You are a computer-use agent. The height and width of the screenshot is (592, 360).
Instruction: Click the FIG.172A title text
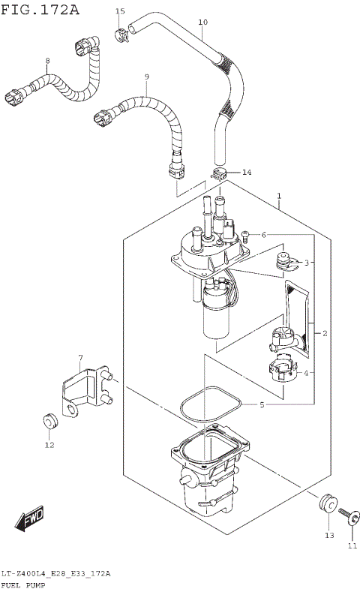(40, 10)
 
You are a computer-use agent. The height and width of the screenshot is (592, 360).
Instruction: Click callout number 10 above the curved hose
(202, 23)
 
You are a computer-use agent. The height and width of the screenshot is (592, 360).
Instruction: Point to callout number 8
(47, 61)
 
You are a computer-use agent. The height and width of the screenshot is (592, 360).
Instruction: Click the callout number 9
(146, 77)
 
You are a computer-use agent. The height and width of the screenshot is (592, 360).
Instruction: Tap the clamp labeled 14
(219, 176)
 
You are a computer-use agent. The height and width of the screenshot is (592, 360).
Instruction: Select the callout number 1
(279, 198)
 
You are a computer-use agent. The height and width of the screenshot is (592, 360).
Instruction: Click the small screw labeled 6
(245, 235)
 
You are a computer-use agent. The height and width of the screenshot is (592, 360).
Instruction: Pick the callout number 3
(306, 263)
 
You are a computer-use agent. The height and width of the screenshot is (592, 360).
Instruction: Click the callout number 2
(325, 332)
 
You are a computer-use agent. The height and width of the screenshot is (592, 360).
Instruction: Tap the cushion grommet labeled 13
(328, 503)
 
